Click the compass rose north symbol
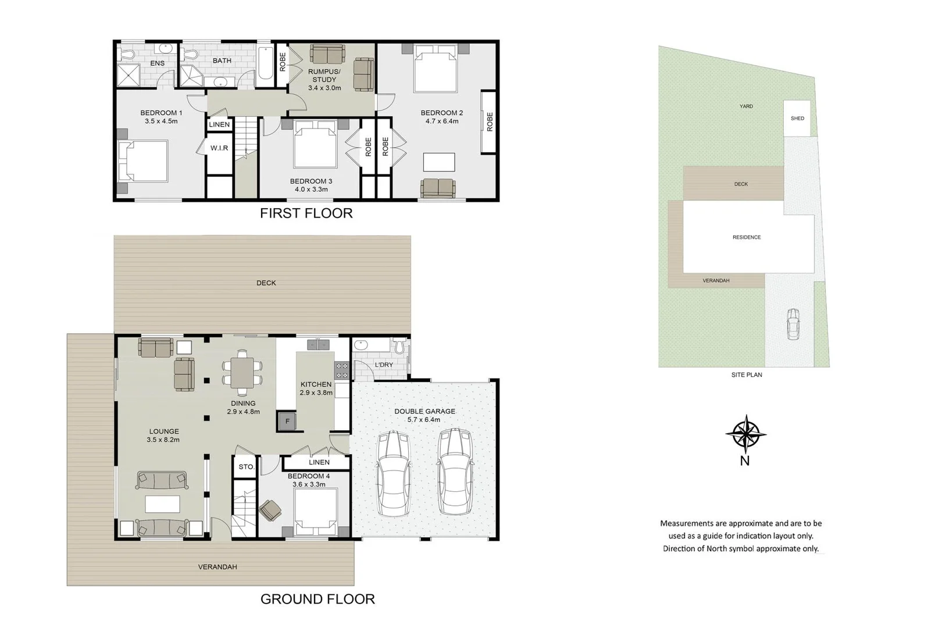tap(745, 434)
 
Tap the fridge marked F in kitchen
tap(287, 421)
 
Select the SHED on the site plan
tap(797, 119)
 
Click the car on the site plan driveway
tap(793, 324)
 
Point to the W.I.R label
tap(219, 148)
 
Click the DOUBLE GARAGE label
tap(424, 411)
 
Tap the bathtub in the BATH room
tap(264, 63)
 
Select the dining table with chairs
tap(242, 373)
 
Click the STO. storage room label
tap(246, 467)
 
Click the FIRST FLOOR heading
tap(306, 213)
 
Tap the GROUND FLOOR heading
tap(317, 599)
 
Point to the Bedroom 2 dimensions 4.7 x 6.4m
tap(442, 122)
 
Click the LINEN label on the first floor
tap(219, 124)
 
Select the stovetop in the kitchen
tap(341, 370)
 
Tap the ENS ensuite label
tap(157, 63)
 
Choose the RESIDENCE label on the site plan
tap(747, 237)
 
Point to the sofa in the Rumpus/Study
tap(327, 54)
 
